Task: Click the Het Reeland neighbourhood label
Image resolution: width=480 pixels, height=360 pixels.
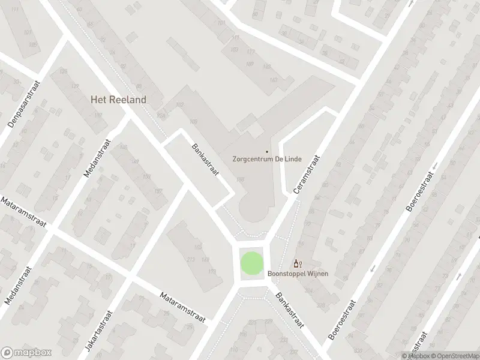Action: (118, 100)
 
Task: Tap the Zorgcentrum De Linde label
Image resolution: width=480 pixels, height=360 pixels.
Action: (267, 160)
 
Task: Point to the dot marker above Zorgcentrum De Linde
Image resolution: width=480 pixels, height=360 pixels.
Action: (267, 151)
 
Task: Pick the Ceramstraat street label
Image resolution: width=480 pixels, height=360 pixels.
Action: (307, 173)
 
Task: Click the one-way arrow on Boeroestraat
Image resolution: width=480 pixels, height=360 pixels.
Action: (372, 268)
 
